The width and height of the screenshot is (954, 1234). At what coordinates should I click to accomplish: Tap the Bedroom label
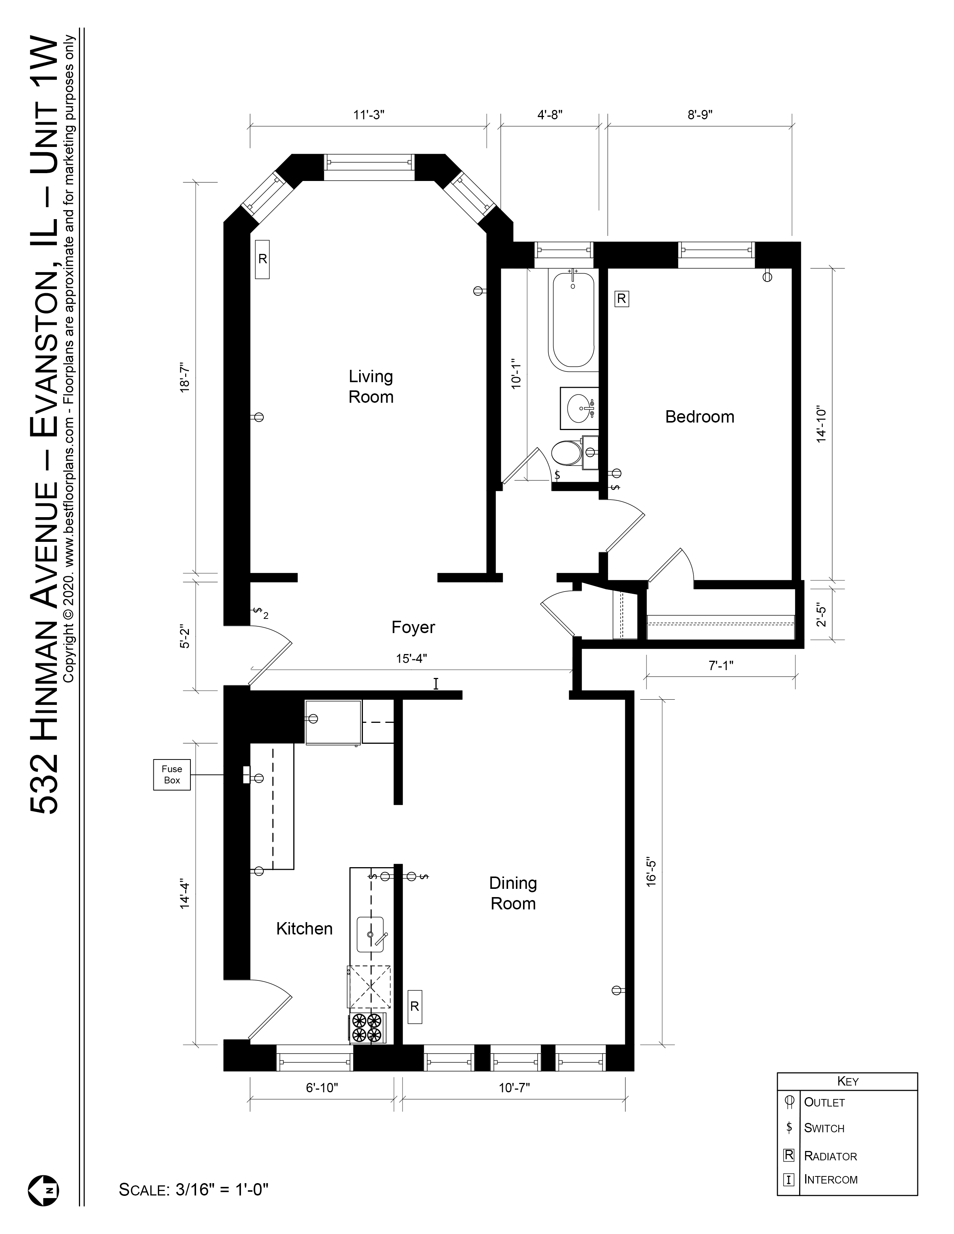point(699,417)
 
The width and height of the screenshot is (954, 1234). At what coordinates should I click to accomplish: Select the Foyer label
point(413,627)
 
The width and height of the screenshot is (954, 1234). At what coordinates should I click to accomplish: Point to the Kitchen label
point(304,928)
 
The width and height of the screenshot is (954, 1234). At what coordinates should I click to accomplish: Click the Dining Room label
point(513,893)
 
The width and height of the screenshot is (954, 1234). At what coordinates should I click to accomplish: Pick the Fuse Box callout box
point(172,774)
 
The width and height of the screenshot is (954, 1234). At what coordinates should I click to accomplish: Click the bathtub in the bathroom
point(572,319)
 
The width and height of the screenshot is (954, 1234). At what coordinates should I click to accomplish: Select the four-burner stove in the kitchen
point(366,1027)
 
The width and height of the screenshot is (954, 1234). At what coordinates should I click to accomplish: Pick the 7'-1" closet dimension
point(721,666)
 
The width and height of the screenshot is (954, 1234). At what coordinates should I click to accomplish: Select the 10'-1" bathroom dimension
point(516,373)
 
